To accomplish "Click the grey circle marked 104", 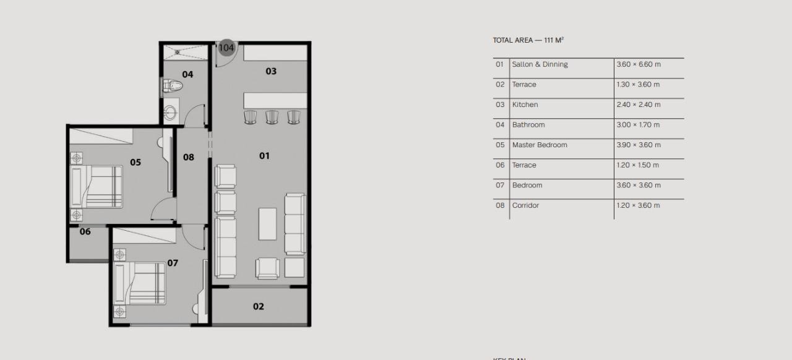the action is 226,48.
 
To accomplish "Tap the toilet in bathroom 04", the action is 172,86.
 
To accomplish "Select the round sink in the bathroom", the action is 170,113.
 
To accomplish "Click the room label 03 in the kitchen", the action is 271,71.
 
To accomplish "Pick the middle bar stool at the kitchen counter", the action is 272,117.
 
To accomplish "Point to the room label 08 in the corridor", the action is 189,157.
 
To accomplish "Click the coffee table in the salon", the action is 267,224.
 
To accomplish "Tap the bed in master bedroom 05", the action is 96,186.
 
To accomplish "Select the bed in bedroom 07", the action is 139,283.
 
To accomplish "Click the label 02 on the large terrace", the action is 259,306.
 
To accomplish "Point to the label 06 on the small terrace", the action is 85,231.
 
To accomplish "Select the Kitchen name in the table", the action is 525,105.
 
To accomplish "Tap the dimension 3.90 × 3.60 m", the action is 639,145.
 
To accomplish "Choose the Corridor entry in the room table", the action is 525,205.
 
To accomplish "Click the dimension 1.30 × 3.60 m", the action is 638,85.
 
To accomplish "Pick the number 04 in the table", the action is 500,125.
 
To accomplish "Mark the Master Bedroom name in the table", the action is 540,145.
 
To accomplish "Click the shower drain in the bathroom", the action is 178,53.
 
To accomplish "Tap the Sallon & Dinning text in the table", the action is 540,64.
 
